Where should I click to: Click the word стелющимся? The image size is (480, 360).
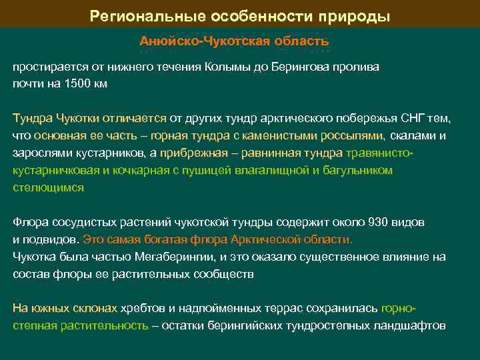click(x=48, y=188)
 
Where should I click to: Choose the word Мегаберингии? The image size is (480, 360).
click(x=175, y=257)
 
